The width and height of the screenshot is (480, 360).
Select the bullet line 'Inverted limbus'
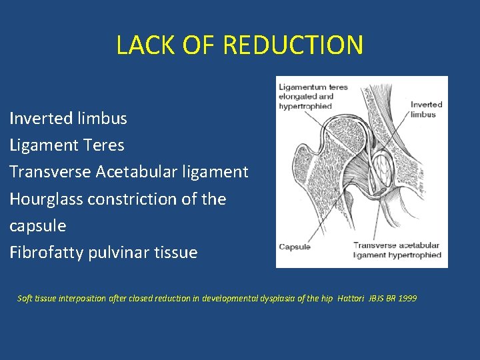point(68,119)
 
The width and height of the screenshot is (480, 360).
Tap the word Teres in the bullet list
point(105,145)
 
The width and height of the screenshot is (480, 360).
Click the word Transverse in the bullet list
point(50,172)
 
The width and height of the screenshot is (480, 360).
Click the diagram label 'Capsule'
point(295,247)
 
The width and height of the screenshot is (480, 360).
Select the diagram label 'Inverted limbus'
point(426,109)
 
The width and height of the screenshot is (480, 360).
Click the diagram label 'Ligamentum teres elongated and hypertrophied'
point(313,97)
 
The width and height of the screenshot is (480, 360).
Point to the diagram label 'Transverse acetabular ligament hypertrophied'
point(397,250)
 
